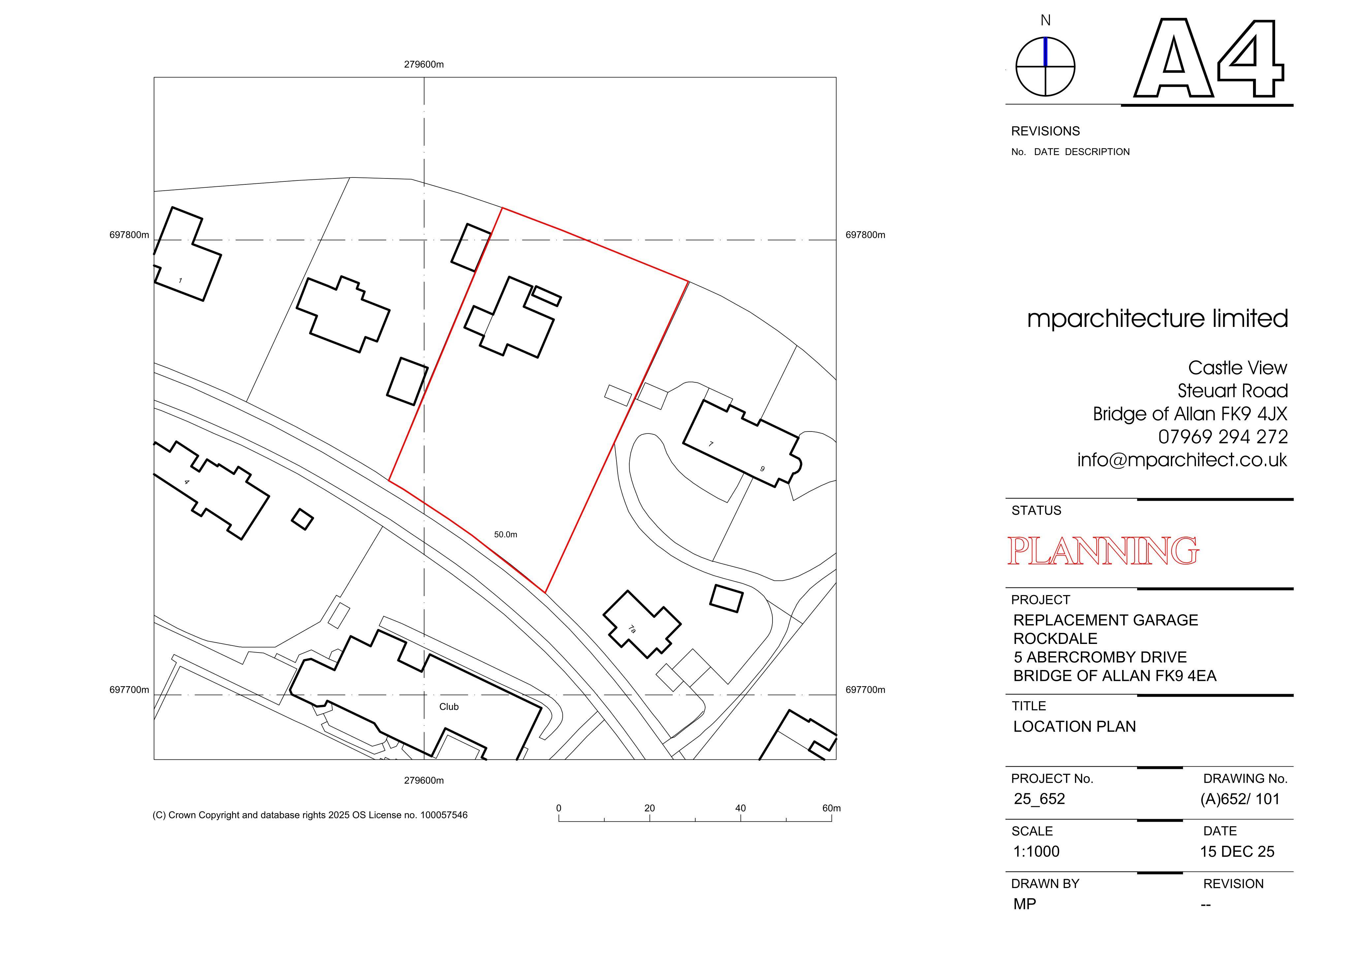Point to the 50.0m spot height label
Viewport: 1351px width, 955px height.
[505, 534]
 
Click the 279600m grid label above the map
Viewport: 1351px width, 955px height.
[424, 65]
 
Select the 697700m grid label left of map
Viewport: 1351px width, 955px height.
[129, 690]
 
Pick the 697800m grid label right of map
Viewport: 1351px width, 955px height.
[865, 235]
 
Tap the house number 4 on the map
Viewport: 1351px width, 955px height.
[187, 482]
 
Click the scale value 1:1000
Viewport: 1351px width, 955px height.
[1036, 851]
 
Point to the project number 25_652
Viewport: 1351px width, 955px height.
[1039, 799]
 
